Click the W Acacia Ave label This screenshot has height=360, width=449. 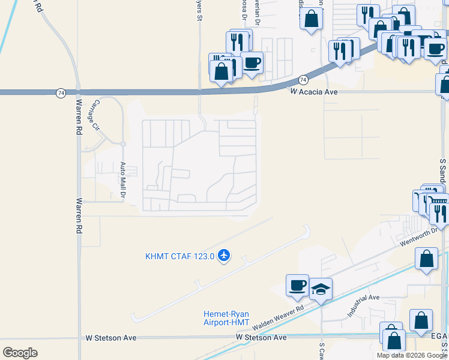(313, 92)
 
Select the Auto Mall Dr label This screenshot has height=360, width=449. (122, 180)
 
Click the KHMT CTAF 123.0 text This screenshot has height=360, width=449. (179, 256)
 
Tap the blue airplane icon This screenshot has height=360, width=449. (224, 256)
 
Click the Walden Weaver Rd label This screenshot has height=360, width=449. (279, 318)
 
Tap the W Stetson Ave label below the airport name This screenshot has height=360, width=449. (261, 338)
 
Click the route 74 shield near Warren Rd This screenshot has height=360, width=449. (61, 93)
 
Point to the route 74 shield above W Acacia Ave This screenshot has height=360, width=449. (303, 79)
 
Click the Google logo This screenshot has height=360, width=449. (20, 353)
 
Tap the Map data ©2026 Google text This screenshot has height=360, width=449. (411, 355)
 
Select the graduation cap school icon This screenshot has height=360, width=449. (321, 290)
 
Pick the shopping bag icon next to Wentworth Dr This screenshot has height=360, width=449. (426, 259)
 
